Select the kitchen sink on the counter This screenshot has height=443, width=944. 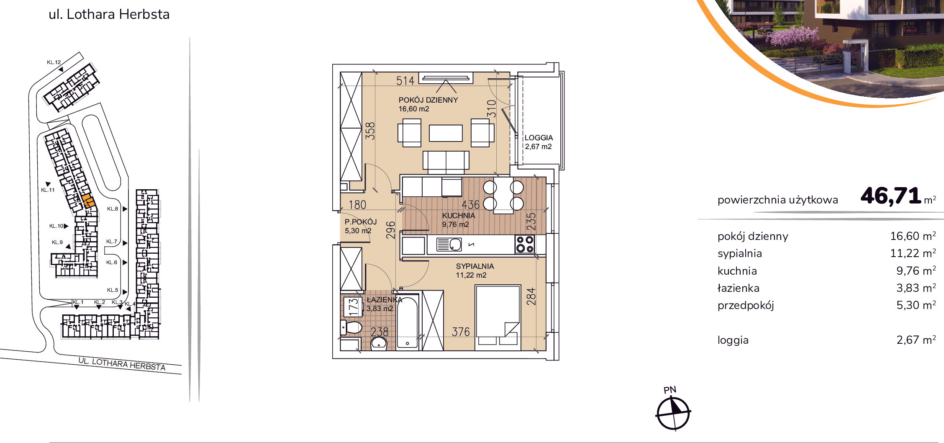point(449,244)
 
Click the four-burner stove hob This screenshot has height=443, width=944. point(525,244)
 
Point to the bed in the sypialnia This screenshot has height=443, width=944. point(498,318)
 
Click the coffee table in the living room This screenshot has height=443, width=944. point(446,133)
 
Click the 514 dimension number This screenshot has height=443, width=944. point(405,80)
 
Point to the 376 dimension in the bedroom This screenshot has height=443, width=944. point(461,332)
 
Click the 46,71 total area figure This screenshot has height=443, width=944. point(890,196)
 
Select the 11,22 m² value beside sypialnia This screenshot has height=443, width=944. point(913,253)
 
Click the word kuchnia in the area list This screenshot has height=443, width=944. point(737,271)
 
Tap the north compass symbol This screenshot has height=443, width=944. point(673,413)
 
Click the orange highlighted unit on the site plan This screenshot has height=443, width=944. point(88,201)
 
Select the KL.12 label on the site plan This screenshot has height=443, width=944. point(54,62)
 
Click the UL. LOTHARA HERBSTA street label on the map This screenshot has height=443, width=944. point(122,364)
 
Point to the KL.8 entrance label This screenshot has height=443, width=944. point(112,209)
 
